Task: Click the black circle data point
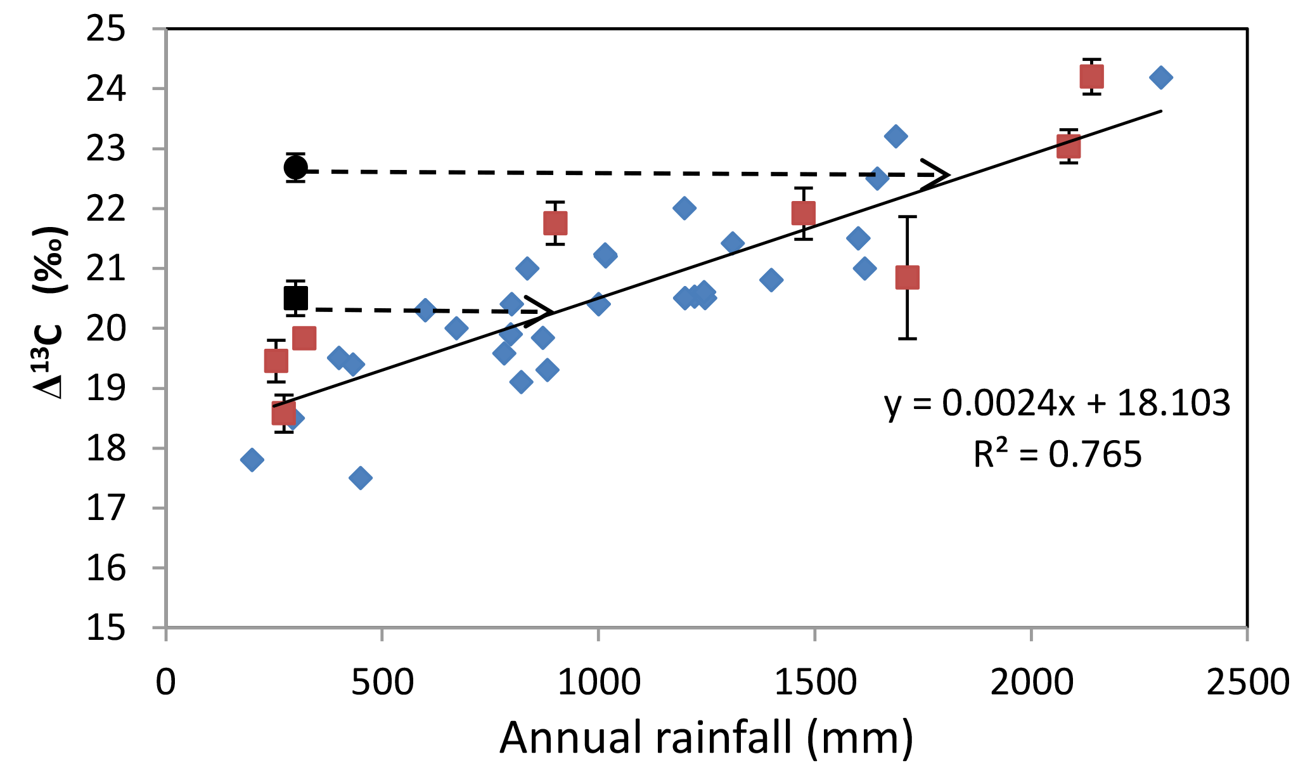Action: point(296,168)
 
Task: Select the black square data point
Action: point(296,297)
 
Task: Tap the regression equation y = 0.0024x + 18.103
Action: point(1057,403)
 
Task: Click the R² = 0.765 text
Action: point(1057,454)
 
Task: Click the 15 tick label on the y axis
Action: point(106,628)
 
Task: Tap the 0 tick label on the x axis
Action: point(166,683)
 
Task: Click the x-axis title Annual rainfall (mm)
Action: point(706,738)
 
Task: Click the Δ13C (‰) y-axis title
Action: point(51,312)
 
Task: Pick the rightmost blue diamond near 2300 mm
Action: point(1160,77)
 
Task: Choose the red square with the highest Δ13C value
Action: point(1091,77)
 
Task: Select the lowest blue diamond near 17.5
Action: point(361,478)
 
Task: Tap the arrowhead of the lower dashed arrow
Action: point(544,311)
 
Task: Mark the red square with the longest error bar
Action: point(907,277)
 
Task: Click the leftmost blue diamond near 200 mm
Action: point(252,459)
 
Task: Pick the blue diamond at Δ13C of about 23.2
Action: point(896,136)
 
